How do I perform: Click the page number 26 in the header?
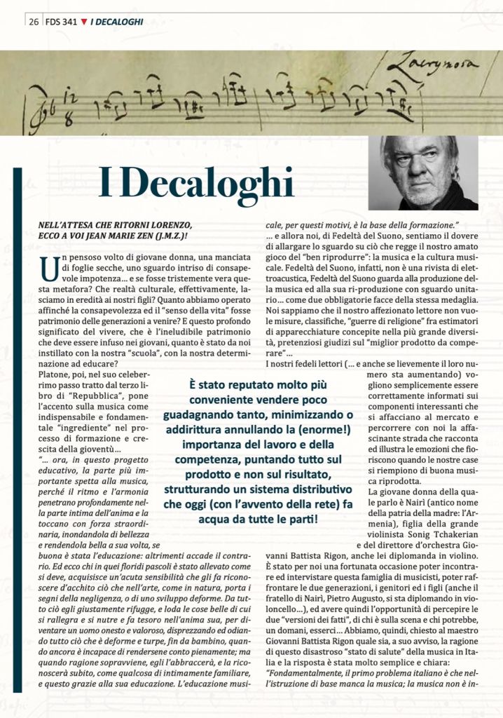(33, 22)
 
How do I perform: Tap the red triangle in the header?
(84, 22)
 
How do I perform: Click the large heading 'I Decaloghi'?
(196, 183)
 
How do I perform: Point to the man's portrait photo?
(429, 172)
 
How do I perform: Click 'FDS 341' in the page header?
(62, 22)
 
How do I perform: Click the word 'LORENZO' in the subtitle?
(168, 224)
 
